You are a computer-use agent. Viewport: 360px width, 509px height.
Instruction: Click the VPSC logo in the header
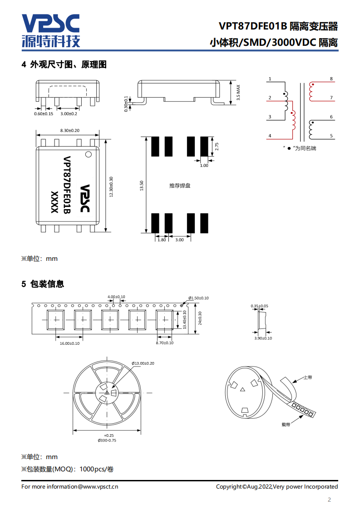pyautogui.click(x=51, y=30)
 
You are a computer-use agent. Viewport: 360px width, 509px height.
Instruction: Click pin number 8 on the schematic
pyautogui.click(x=331, y=79)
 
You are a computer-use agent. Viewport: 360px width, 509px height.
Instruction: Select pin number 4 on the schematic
pyautogui.click(x=270, y=136)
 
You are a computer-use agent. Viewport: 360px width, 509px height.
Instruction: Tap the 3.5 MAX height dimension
pyautogui.click(x=238, y=93)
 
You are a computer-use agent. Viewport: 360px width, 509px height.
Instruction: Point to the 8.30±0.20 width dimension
pyautogui.click(x=69, y=131)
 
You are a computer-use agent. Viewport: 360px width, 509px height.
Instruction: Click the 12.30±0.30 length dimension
pyautogui.click(x=111, y=186)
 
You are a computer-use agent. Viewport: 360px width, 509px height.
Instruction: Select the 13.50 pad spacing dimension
pyautogui.click(x=141, y=186)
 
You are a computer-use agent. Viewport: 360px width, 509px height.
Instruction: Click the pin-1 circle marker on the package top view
pyautogui.click(x=89, y=155)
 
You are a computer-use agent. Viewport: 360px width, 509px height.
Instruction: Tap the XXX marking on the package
pyautogui.click(x=54, y=202)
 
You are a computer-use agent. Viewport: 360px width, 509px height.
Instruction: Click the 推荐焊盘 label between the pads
pyautogui.click(x=180, y=186)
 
